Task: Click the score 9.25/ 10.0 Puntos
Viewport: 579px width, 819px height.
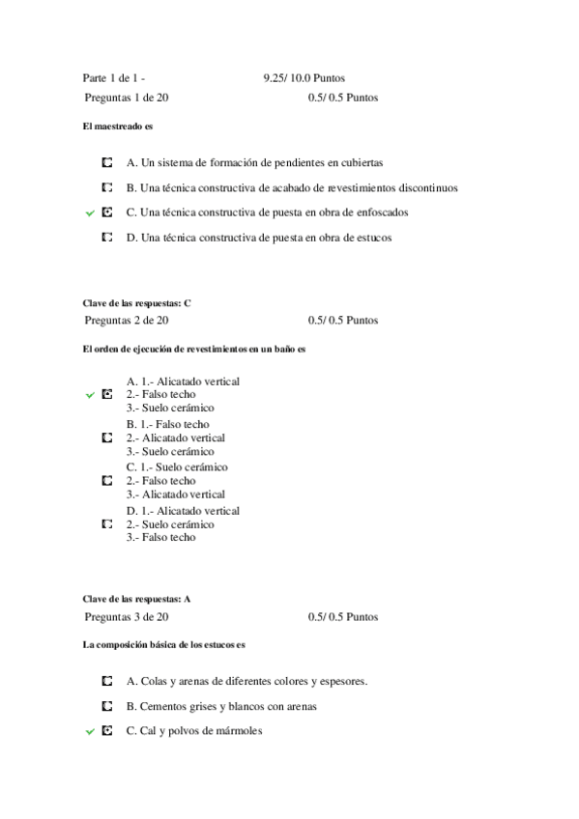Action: click(304, 78)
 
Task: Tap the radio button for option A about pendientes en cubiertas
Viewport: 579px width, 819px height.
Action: click(106, 163)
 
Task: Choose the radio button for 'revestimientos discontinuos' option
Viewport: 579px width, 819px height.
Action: click(106, 187)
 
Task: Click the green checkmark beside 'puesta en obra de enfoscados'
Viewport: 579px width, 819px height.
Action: click(90, 212)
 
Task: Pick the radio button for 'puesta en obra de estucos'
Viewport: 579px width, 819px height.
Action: click(106, 237)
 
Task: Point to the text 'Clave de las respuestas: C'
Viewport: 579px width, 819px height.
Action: click(137, 303)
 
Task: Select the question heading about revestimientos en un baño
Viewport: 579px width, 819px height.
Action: click(194, 349)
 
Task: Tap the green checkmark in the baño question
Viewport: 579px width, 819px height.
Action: click(90, 395)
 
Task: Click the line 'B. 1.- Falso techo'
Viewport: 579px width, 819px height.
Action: click(167, 424)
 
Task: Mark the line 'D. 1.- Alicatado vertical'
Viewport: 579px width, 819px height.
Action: click(183, 510)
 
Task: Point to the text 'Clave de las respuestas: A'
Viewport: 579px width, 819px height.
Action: click(137, 599)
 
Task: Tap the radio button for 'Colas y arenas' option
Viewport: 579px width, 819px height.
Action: click(106, 681)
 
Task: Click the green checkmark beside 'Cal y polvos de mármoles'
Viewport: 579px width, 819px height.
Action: click(90, 732)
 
